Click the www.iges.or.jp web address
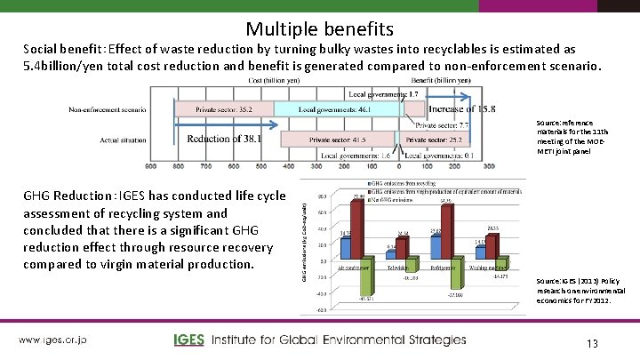click(x=53, y=340)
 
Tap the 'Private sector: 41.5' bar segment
click(x=340, y=140)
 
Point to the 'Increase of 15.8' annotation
click(x=461, y=109)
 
